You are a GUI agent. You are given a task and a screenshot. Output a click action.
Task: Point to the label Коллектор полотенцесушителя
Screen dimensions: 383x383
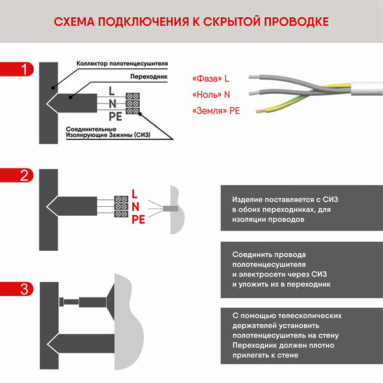pos(122,64)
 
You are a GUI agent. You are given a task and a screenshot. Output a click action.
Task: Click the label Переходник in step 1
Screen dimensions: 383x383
pos(148,76)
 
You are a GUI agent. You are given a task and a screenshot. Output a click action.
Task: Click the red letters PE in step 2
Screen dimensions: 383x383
pos(139,220)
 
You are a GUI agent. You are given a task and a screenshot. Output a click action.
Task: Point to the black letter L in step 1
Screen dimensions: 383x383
pos(112,91)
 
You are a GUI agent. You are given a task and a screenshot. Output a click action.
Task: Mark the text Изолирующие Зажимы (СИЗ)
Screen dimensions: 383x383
pos(108,136)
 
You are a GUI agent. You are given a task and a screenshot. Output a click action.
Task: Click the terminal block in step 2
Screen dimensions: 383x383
pos(120,206)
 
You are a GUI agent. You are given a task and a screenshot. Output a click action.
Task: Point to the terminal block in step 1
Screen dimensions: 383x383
pos(133,103)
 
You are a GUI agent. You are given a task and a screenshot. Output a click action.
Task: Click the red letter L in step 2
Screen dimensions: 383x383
pos(134,193)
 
